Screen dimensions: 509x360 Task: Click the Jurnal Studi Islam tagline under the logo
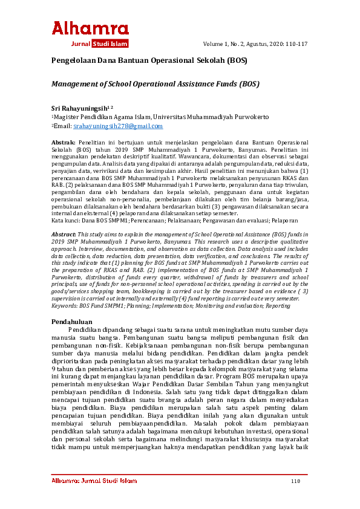pyautogui.click(x=99, y=44)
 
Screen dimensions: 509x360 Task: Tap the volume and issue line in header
pyautogui.click(x=255, y=44)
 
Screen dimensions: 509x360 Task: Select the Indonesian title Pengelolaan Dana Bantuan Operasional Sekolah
pyautogui.click(x=148, y=61)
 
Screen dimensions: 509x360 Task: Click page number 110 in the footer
pyautogui.click(x=295, y=482)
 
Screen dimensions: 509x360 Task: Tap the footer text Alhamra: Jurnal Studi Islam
pyautogui.click(x=94, y=482)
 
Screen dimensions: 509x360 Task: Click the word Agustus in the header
pyautogui.click(x=260, y=44)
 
